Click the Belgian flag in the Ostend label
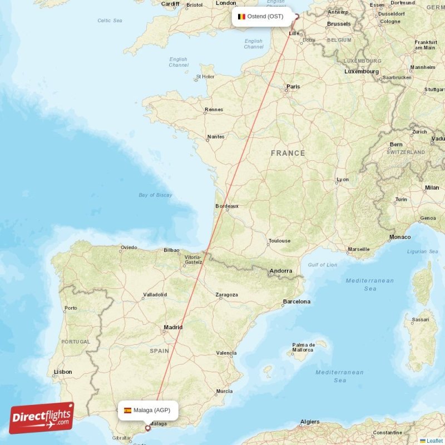(241, 17)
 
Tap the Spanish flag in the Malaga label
(127, 411)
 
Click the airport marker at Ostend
(296, 17)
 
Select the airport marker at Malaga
(148, 428)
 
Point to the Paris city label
(293, 87)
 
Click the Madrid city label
(173, 328)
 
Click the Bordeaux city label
(227, 206)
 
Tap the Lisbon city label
(62, 372)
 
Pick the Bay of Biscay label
(155, 195)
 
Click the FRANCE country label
(288, 153)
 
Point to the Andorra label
(280, 271)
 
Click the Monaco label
(399, 237)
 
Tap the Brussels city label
(339, 24)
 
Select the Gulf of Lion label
(322, 265)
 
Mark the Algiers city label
(310, 422)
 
